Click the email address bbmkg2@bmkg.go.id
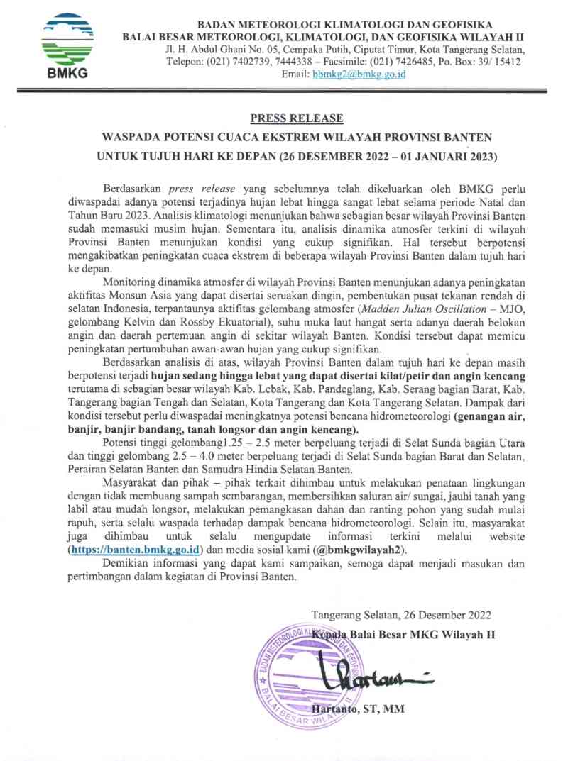tap(359, 74)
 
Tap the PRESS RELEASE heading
tap(297, 118)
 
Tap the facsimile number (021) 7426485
tap(391, 62)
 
